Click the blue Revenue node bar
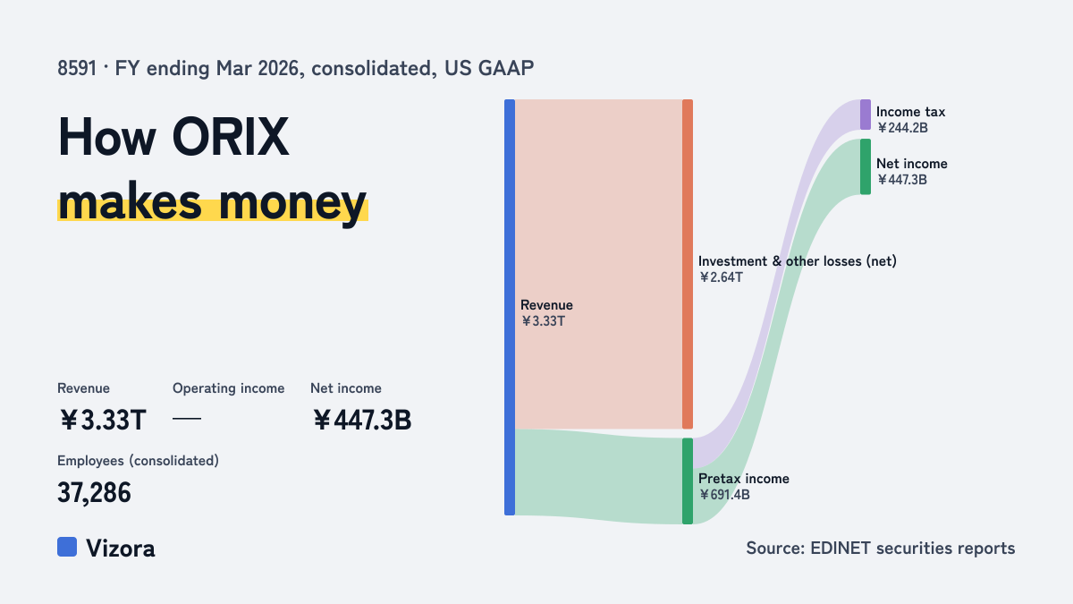(510, 307)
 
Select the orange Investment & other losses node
(688, 264)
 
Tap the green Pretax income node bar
(688, 481)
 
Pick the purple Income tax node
(866, 115)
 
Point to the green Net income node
(866, 166)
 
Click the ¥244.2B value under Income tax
(902, 128)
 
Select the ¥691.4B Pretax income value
(724, 495)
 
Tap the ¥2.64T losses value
(721, 277)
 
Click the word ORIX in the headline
(231, 137)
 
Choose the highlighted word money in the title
(292, 204)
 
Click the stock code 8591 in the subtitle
(77, 69)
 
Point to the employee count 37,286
(94, 493)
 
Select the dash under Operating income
(187, 419)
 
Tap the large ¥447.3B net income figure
(362, 420)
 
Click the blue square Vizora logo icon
(67, 547)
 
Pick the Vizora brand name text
(121, 549)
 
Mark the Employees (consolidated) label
(138, 461)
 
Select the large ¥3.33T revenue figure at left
(102, 420)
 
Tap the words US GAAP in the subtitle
(489, 69)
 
